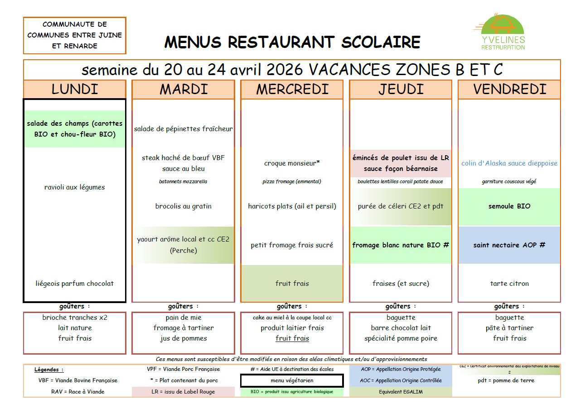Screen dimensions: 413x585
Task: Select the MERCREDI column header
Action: pos(292,90)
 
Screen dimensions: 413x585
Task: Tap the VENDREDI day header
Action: pos(509,90)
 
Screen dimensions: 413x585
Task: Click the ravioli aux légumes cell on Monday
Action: pos(74,187)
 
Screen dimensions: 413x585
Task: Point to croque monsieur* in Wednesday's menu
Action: pos(292,163)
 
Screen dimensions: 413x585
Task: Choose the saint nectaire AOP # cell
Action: pos(509,245)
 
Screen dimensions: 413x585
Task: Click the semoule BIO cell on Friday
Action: pos(509,206)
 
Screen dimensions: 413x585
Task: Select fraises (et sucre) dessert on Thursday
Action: pos(401,284)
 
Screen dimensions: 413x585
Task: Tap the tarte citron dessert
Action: pos(509,284)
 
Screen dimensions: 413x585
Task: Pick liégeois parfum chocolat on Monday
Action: pos(74,284)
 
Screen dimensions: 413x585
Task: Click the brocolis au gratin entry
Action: pos(183,206)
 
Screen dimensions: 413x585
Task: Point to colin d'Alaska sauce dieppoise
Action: pos(509,163)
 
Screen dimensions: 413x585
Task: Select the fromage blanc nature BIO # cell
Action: pos(401,245)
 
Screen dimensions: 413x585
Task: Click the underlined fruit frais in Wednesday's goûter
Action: pos(292,338)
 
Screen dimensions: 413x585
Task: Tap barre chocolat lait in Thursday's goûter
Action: pos(401,328)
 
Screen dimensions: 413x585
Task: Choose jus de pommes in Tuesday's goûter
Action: pos(183,338)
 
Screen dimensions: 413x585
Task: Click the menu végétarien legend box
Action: pos(292,381)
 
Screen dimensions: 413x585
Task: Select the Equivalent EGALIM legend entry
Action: pos(401,392)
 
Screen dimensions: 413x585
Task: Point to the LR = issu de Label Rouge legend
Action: pos(183,392)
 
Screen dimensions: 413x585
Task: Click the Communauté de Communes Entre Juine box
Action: pos(74,35)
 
